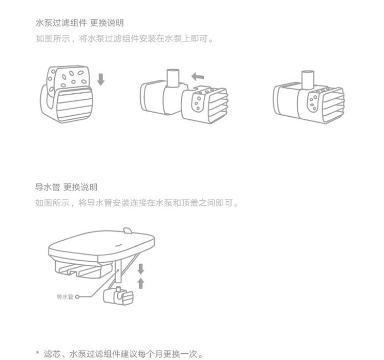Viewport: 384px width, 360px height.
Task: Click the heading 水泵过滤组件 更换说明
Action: (79, 24)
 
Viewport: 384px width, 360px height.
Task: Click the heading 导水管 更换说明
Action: (66, 187)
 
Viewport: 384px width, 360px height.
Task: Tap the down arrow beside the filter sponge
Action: (100, 79)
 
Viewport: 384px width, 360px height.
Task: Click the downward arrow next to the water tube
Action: (141, 269)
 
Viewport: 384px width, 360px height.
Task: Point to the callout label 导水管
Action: (65, 297)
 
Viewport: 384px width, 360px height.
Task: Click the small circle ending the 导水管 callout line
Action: (77, 297)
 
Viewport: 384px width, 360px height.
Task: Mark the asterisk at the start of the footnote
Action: (37, 353)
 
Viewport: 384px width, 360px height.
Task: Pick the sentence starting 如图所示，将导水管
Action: (137, 203)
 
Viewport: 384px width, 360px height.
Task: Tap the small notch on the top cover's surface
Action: (126, 230)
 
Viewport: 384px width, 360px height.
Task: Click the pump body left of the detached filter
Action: (159, 97)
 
